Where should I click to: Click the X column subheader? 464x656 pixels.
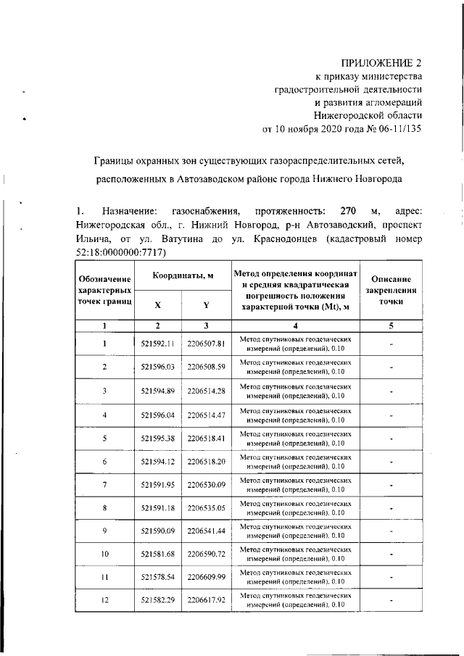(158, 325)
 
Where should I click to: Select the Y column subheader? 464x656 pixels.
(206, 325)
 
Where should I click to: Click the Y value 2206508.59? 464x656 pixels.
(206, 367)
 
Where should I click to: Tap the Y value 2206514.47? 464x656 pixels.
(206, 415)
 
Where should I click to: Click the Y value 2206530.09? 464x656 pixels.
(206, 485)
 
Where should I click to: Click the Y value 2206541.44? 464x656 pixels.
(206, 531)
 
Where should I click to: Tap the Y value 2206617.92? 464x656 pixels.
(206, 601)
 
